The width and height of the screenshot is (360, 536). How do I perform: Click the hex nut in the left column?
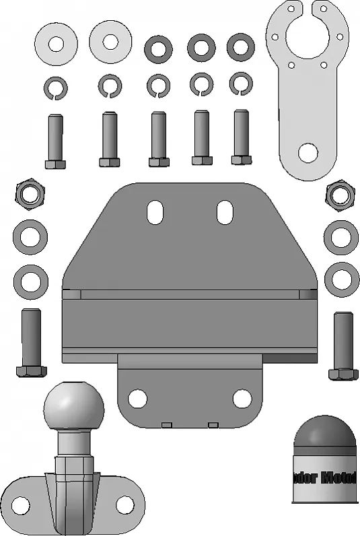coord(30,194)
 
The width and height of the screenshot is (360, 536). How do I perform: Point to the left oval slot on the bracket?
coord(155,212)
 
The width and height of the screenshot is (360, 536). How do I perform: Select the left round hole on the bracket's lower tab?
coord(137,399)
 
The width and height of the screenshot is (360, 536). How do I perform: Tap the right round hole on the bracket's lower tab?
coord(242,399)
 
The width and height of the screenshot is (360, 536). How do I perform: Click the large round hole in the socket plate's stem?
coord(308,153)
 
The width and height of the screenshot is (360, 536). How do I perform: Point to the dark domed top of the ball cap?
coord(326,435)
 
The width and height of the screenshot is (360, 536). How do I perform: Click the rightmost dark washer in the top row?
coord(240,46)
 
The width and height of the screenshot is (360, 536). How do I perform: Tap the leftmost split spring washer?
coord(56,87)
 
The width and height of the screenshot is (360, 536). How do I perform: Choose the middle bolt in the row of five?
coord(159,139)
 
